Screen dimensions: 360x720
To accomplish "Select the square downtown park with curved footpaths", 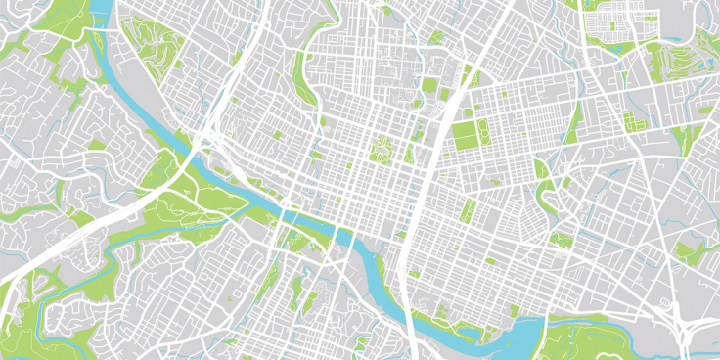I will tap(381, 150).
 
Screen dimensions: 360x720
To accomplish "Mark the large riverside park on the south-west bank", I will tap(196, 201).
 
